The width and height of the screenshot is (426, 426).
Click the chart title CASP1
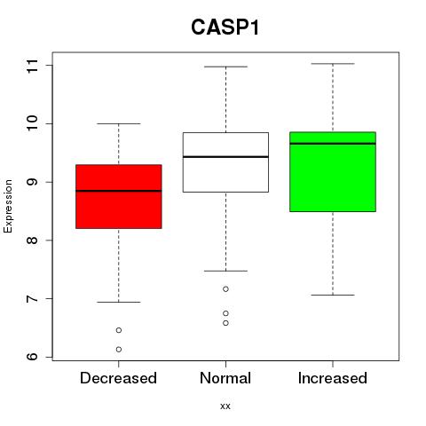[225, 28]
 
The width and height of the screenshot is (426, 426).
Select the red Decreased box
[119, 196]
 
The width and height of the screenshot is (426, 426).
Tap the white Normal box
[225, 162]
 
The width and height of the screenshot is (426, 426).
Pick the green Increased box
[333, 171]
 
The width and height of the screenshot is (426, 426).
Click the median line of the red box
[119, 191]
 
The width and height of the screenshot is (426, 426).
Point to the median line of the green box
[333, 144]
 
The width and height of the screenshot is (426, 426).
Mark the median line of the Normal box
[225, 157]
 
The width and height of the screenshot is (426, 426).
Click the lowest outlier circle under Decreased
[119, 350]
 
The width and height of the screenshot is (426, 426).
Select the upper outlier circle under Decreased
[119, 330]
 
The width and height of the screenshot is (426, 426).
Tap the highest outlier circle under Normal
[225, 289]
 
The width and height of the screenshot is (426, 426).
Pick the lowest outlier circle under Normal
[225, 323]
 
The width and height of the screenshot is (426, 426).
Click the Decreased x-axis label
[118, 378]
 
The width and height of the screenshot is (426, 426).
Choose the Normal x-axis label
[225, 378]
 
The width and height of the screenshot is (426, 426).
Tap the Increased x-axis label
[333, 378]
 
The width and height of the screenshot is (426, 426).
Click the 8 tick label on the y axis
[33, 241]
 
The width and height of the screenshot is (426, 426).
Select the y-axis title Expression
[8, 206]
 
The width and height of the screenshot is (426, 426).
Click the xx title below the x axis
[225, 406]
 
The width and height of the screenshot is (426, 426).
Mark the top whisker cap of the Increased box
[333, 64]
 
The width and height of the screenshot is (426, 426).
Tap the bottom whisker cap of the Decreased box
[119, 302]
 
